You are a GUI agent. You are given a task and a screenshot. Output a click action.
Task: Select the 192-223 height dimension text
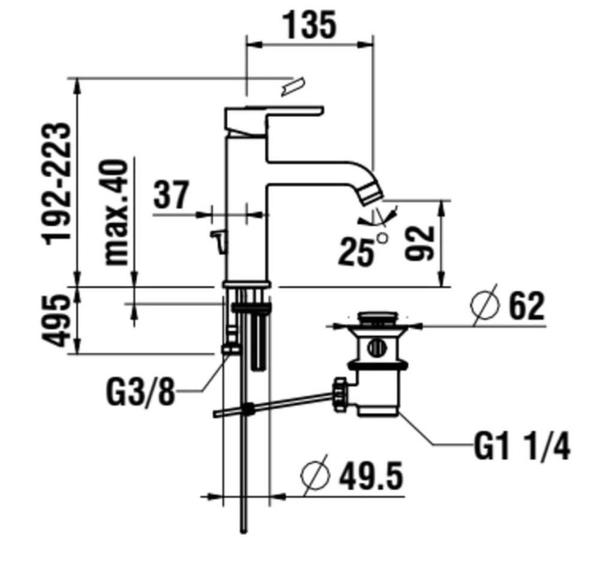57,184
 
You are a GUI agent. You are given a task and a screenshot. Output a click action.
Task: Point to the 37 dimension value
171,194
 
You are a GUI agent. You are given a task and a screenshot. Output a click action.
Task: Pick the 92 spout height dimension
419,243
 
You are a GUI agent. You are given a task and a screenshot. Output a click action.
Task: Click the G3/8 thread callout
140,390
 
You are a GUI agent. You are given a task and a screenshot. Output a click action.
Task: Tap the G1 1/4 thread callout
522,446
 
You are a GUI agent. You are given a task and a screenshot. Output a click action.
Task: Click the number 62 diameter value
526,306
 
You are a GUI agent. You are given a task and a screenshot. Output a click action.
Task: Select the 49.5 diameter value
371,477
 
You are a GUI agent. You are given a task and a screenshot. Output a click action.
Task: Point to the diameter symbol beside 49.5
315,475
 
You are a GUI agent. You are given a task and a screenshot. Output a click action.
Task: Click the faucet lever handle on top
273,121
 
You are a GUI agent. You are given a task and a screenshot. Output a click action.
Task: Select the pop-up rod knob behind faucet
218,241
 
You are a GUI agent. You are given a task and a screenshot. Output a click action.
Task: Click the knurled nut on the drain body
339,395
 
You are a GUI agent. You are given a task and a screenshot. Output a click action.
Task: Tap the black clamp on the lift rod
248,409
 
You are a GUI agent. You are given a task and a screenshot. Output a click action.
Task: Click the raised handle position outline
293,86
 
